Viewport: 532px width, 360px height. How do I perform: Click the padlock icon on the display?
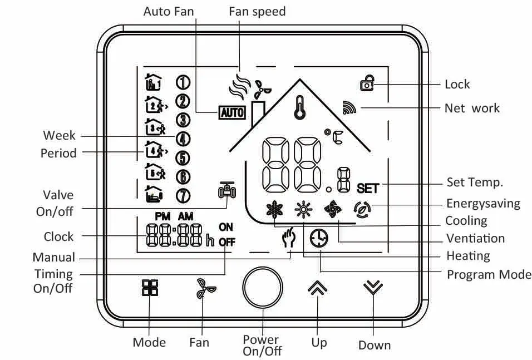click(x=367, y=83)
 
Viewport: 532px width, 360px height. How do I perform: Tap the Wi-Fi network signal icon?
click(x=349, y=107)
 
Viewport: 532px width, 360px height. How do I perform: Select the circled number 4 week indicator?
click(x=183, y=139)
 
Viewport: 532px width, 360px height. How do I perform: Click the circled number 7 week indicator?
click(x=183, y=196)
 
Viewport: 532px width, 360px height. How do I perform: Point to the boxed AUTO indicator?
click(x=231, y=112)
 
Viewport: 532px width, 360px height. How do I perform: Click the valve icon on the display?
click(x=226, y=191)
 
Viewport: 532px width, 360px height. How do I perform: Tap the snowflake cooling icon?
click(x=274, y=209)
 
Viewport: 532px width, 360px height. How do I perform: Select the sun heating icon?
click(x=303, y=209)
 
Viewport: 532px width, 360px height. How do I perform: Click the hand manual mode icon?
click(x=289, y=238)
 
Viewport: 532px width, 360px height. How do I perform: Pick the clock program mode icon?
click(x=319, y=238)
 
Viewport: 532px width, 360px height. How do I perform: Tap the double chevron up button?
click(x=317, y=288)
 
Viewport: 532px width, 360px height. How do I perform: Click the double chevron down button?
click(x=373, y=288)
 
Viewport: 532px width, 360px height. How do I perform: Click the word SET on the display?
click(x=368, y=188)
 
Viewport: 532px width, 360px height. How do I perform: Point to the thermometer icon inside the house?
click(x=299, y=107)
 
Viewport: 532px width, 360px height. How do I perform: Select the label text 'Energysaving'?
click(x=483, y=204)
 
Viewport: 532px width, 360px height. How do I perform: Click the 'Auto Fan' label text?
click(x=169, y=12)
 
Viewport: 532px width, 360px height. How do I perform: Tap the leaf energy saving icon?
click(x=362, y=210)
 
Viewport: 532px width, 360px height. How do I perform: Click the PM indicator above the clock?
click(x=162, y=216)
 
